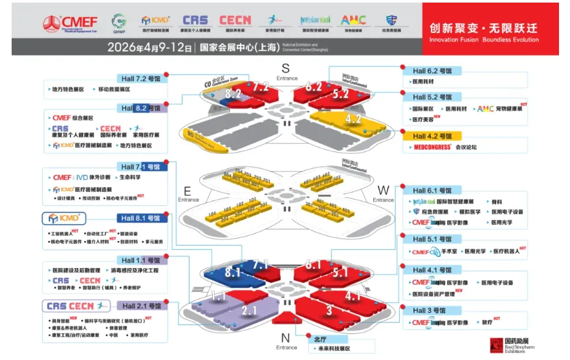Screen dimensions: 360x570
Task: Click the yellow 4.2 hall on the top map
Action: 353,119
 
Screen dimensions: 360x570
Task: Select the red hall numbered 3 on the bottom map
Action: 329,311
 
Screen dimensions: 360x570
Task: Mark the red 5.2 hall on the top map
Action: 341,95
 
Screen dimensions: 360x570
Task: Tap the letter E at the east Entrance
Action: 188,191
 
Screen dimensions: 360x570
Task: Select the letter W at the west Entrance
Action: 382,191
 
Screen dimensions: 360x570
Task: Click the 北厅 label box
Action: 321,338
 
